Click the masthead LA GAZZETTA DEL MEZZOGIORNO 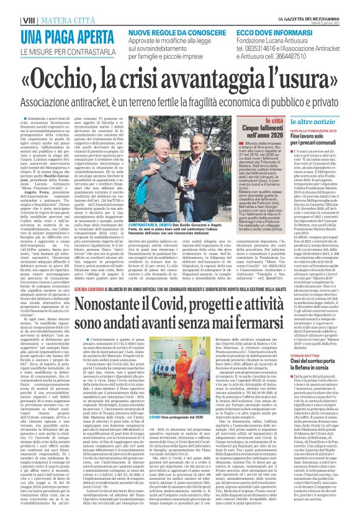(323, 5)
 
